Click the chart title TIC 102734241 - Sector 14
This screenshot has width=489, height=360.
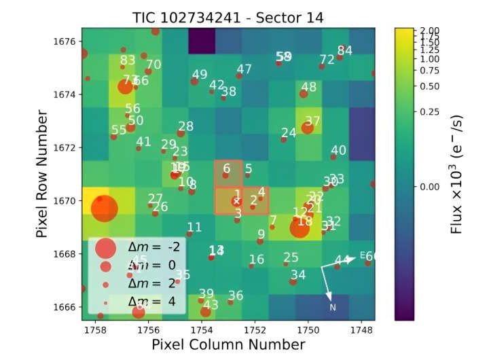click(228, 18)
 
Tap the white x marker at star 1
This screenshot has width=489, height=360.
click(236, 202)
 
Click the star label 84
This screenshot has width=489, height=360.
click(345, 50)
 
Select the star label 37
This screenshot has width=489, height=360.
click(312, 122)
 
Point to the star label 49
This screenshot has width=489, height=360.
click(200, 75)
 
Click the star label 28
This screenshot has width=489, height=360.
click(185, 126)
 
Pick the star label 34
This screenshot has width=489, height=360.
click(298, 274)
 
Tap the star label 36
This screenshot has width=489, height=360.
click(235, 295)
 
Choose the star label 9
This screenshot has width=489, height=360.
click(261, 234)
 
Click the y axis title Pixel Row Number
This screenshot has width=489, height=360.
click(43, 175)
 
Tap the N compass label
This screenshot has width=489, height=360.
click(333, 308)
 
